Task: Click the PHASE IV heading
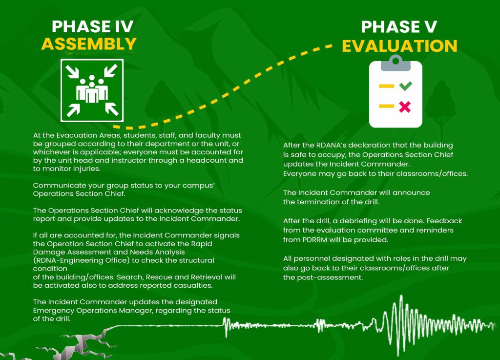[x=92, y=26]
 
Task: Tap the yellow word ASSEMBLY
[x=89, y=43]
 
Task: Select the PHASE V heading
[x=399, y=27]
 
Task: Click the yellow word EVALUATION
[x=399, y=46]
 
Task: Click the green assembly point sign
[x=92, y=90]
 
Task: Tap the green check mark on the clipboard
[x=405, y=86]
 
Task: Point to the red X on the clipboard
[x=405, y=106]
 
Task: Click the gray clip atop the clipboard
[x=396, y=63]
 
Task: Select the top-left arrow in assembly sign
[x=73, y=71]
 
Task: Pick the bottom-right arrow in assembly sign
[x=112, y=109]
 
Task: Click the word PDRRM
[x=314, y=240]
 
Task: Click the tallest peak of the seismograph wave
[x=401, y=297]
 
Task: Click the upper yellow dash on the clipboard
[x=386, y=86]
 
